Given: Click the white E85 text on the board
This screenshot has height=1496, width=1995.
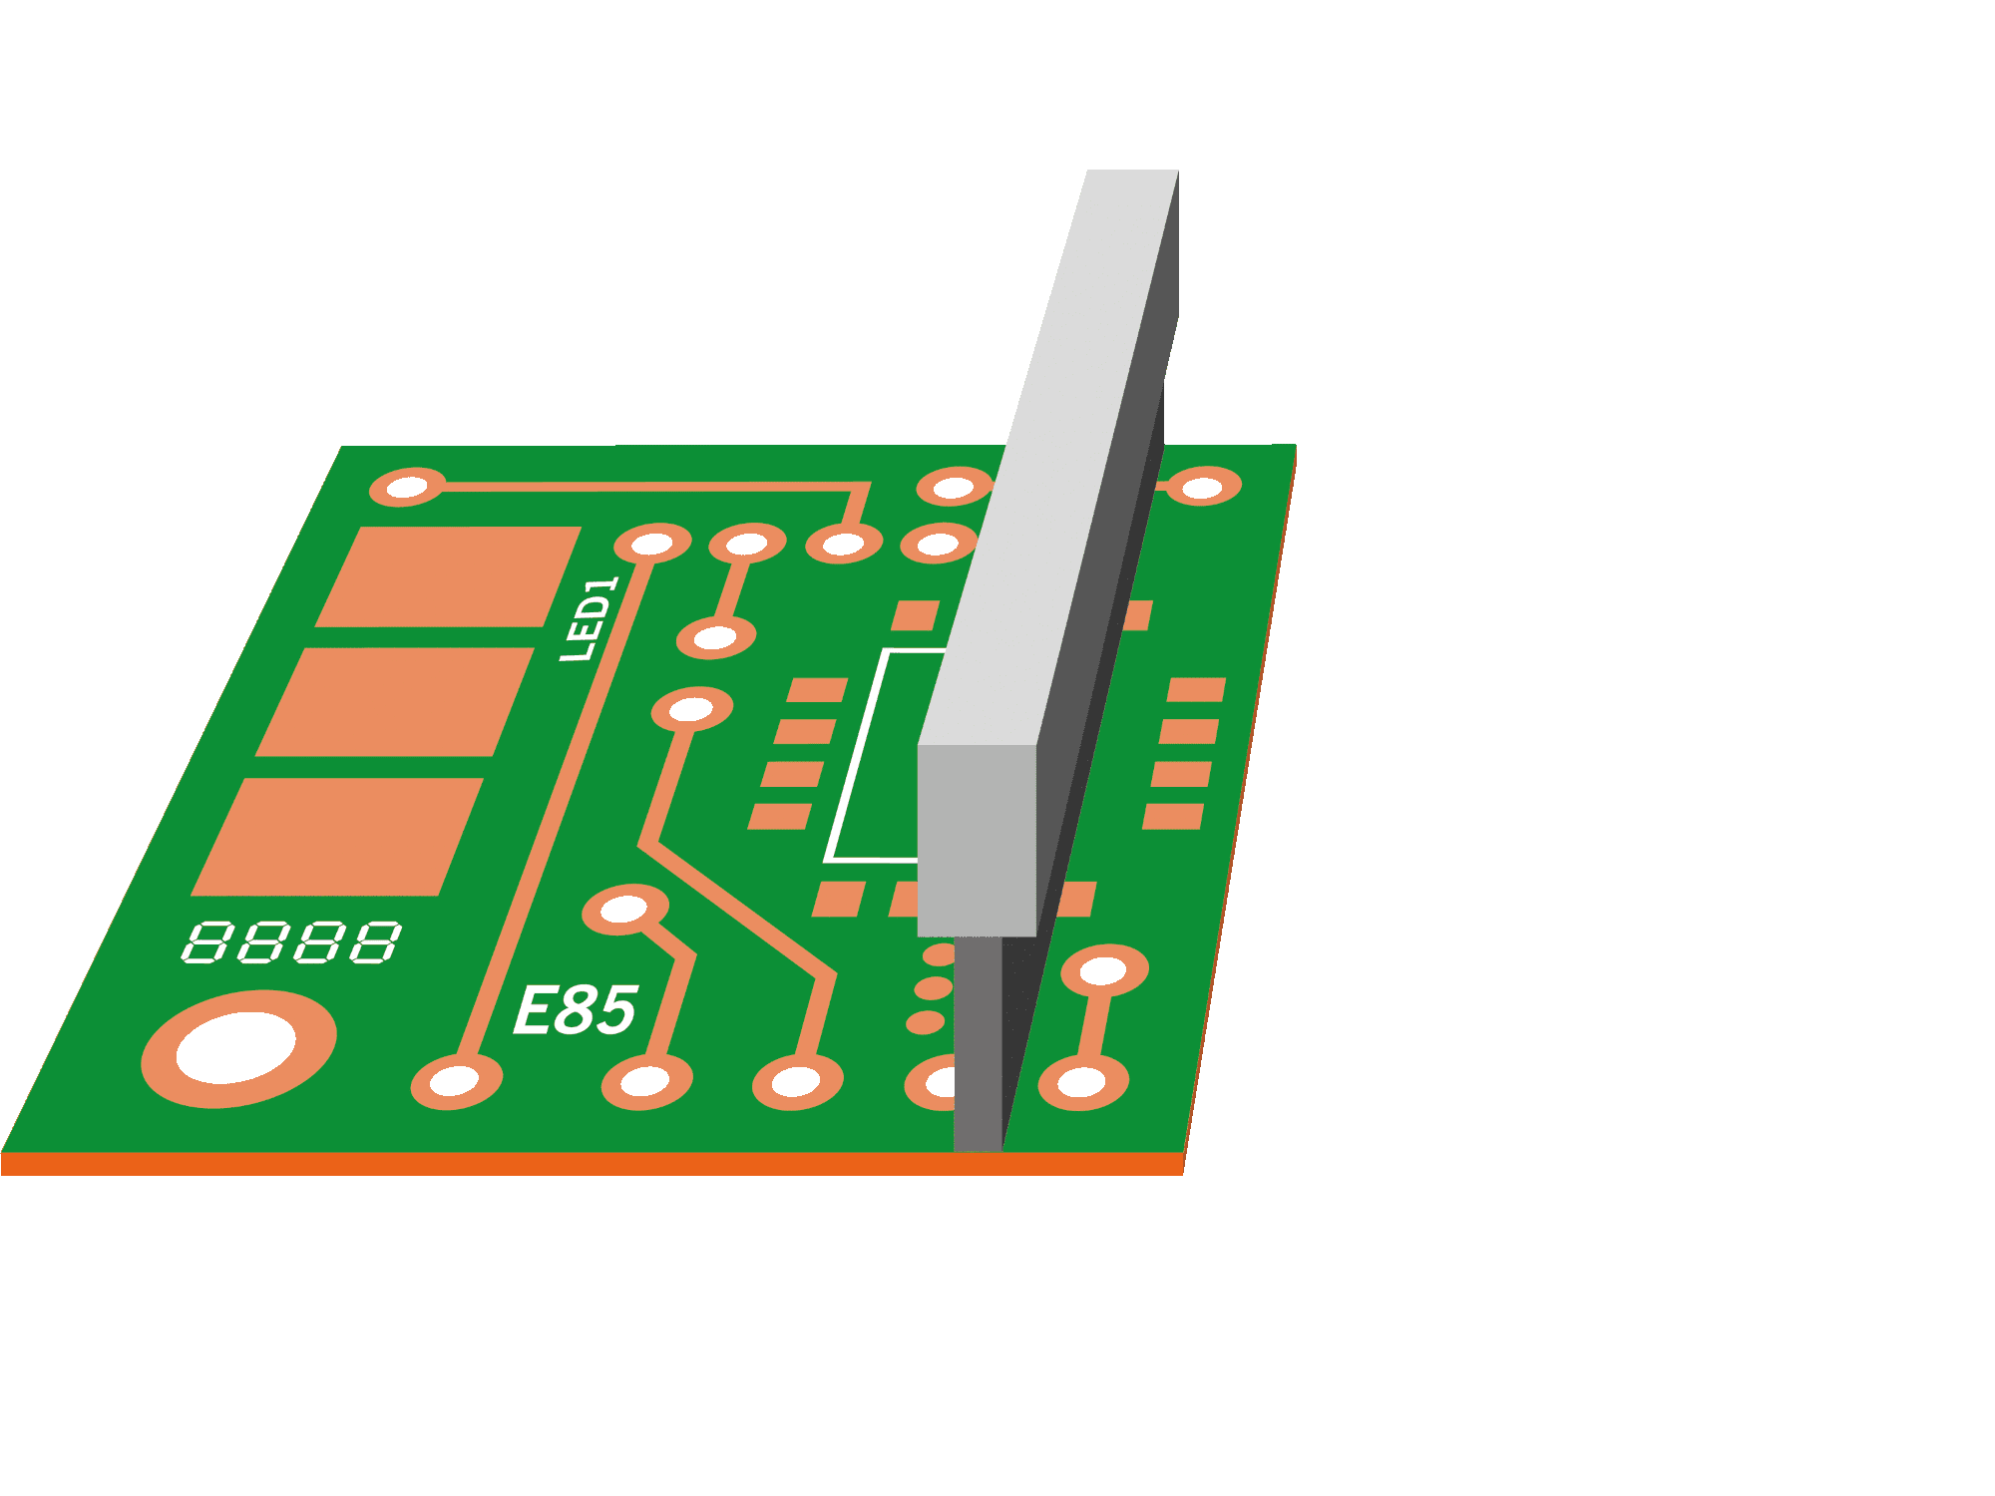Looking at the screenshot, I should pyautogui.click(x=575, y=1009).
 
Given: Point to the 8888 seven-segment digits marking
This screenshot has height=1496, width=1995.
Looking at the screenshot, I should pyautogui.click(x=291, y=942).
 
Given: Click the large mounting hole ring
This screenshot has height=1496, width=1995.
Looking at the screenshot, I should pyautogui.click(x=238, y=1048).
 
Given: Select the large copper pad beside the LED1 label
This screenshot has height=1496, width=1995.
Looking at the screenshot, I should pyautogui.click(x=448, y=576).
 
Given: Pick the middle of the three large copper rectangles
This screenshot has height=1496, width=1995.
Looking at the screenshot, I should pyautogui.click(x=395, y=701).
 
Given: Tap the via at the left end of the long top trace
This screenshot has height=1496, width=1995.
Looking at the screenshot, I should pyautogui.click(x=407, y=488).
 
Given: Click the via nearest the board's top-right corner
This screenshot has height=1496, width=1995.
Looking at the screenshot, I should pyautogui.click(x=1203, y=487).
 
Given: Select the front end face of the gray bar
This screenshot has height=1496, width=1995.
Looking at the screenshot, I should pyautogui.click(x=977, y=840).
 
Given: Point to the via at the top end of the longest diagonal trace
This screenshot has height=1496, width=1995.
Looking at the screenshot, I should pyautogui.click(x=653, y=544).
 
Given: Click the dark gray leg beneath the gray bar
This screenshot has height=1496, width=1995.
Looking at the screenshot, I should pyautogui.click(x=978, y=1042).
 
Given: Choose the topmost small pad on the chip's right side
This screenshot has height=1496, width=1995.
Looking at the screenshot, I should pyautogui.click(x=1196, y=689).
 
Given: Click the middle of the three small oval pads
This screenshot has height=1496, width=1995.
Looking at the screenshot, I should pyautogui.click(x=934, y=988).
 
